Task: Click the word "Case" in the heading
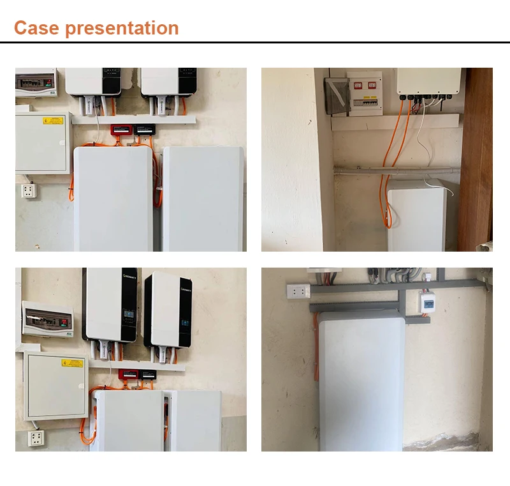(x=34, y=28)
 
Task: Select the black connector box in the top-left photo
(x=143, y=129)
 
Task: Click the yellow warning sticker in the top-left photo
(x=53, y=121)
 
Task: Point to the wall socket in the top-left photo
(x=28, y=190)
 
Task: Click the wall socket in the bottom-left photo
(x=36, y=437)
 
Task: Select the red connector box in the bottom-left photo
(x=129, y=374)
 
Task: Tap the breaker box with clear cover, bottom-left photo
(x=47, y=317)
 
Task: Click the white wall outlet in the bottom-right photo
(x=298, y=291)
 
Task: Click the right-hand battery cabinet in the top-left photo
(x=203, y=198)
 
